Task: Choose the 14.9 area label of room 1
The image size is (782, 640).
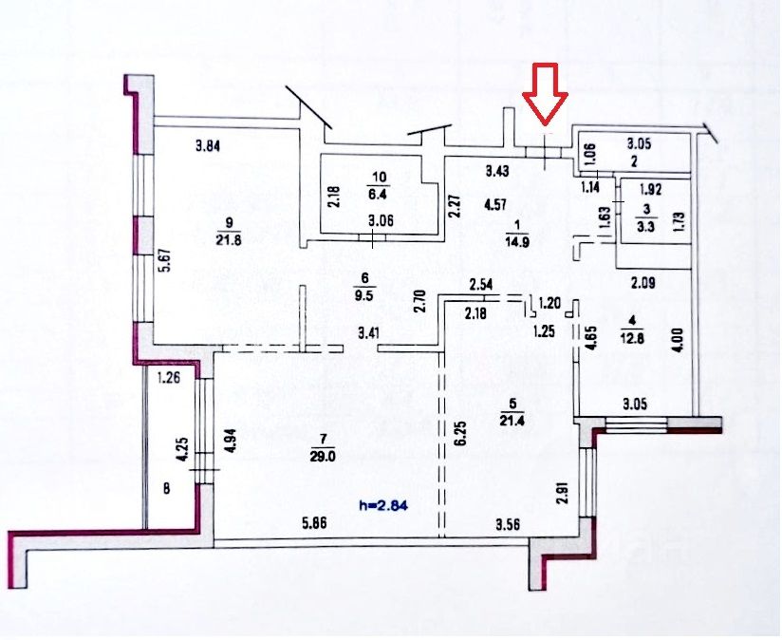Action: [517, 239]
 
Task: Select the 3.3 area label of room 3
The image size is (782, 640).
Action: [647, 226]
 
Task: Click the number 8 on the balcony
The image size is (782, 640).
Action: [167, 490]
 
